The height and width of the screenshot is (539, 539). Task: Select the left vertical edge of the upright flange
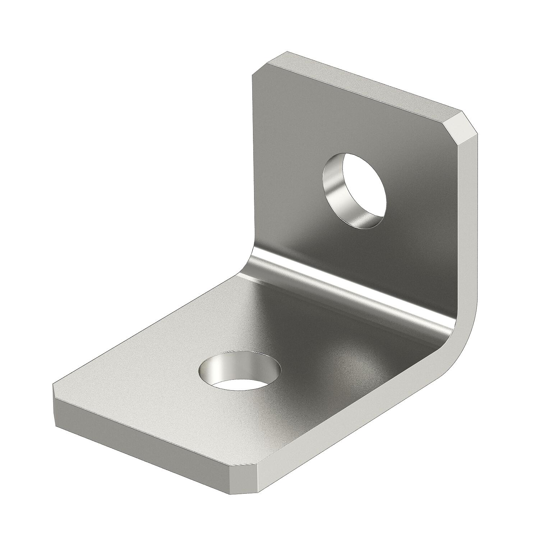click(253, 155)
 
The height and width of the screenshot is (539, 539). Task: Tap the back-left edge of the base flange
click(144, 327)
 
